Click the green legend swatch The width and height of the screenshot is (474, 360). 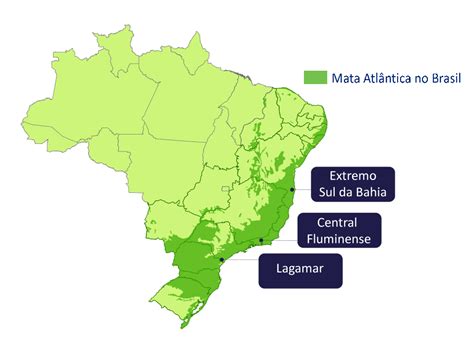(x=315, y=76)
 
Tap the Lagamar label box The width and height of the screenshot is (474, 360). (x=301, y=270)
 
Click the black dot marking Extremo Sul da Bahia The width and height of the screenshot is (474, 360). (x=292, y=188)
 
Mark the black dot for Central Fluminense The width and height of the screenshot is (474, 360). (x=261, y=240)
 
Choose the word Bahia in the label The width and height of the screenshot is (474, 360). (x=369, y=191)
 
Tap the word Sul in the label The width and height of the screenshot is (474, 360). (x=328, y=191)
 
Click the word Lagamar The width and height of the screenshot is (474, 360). (x=301, y=270)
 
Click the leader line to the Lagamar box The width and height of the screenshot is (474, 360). (x=240, y=261)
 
